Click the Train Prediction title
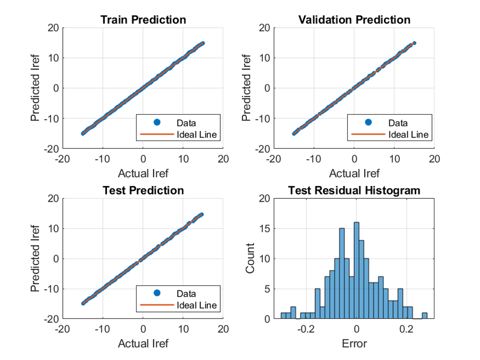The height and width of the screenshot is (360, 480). point(144,20)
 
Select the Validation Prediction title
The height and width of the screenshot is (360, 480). point(354,20)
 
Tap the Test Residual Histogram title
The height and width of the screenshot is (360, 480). point(354,190)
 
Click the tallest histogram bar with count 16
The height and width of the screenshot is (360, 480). point(356,270)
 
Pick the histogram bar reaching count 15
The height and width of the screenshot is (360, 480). point(341,274)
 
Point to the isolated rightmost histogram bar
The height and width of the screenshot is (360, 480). point(425,316)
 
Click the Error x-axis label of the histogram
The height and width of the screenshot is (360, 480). point(354,344)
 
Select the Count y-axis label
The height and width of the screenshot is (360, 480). point(250,259)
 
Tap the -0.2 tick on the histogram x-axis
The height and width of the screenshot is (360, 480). point(306,329)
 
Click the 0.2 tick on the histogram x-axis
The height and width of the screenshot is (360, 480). point(406,329)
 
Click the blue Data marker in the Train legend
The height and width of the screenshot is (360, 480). point(157,122)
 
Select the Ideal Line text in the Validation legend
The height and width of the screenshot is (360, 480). point(408,135)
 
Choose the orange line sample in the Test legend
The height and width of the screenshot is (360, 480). point(157,305)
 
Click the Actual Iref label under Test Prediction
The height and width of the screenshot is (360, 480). point(144,344)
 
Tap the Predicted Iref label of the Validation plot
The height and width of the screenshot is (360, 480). point(246,88)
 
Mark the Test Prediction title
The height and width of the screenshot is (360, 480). point(144,190)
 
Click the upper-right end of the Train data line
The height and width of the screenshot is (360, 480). point(203,43)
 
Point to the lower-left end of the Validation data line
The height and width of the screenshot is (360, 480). point(294,134)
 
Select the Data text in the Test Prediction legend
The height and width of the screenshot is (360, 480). point(186,294)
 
